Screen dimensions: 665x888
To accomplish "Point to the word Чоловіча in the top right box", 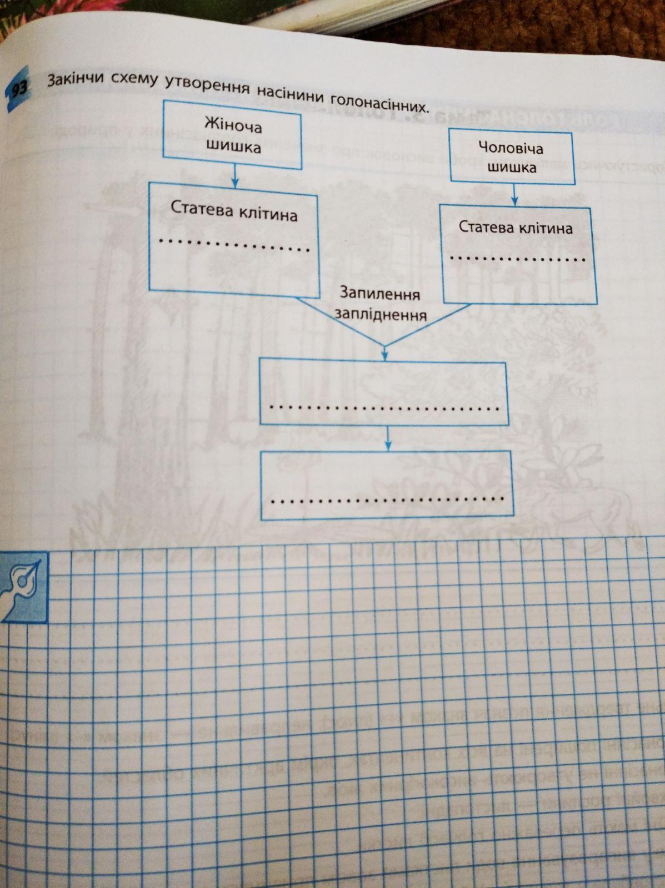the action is point(511,148).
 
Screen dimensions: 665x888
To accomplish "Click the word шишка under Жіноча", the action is point(233,147).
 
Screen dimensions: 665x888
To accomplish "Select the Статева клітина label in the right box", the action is point(515,228).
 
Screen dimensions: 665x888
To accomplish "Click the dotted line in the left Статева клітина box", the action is point(234,245).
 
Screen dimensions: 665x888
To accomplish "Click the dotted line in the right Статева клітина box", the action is point(517,259).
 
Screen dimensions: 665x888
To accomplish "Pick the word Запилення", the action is point(380,294).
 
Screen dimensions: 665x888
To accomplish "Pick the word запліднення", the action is point(380,315).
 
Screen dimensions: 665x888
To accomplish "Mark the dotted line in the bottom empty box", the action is point(387,500).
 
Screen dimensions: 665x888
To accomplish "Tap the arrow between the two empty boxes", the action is point(388,442).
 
